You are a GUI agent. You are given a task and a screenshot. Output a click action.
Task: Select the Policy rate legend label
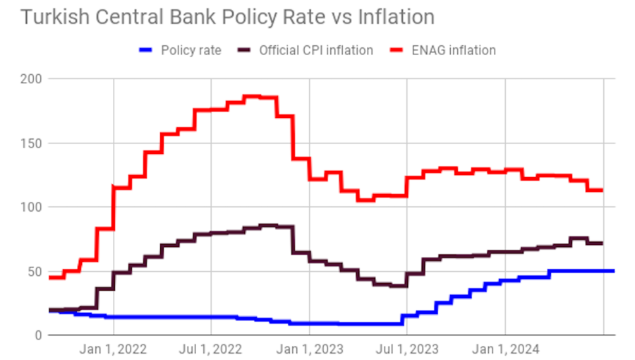tap(190, 50)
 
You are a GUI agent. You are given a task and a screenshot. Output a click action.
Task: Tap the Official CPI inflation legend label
tap(316, 50)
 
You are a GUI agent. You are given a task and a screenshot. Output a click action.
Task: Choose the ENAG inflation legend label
tap(454, 50)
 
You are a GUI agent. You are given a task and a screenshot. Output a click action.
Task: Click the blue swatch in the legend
tap(146, 50)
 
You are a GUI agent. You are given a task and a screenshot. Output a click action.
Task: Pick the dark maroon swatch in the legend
tap(244, 50)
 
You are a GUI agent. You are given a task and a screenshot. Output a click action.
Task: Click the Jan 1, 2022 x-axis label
tap(113, 349)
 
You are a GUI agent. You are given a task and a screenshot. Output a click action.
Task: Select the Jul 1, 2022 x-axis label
tap(210, 349)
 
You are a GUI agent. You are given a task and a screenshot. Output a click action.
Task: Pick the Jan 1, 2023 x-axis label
tap(308, 349)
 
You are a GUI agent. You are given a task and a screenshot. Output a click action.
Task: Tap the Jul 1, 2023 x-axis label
tap(406, 349)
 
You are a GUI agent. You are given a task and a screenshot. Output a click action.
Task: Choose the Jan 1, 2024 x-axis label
tap(504, 349)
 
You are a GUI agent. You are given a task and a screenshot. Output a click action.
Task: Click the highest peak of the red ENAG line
tap(252, 96)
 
